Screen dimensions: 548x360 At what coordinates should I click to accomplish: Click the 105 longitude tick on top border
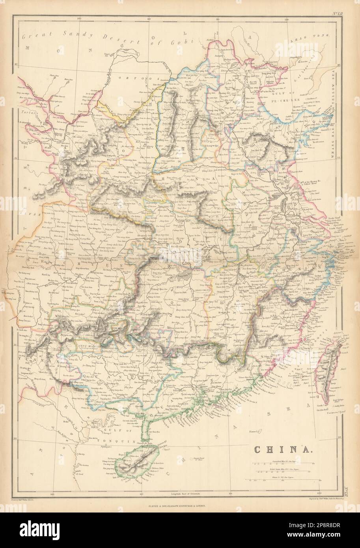79,18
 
